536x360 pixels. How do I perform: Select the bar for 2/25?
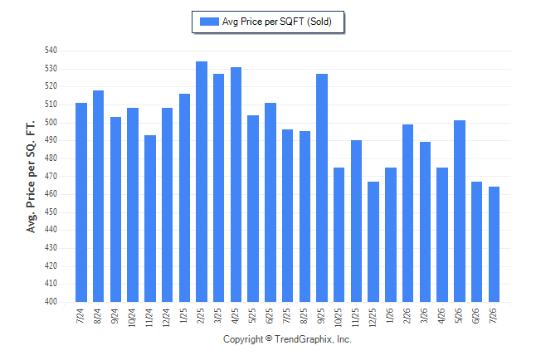(202, 182)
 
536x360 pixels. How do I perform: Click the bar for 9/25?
(322, 187)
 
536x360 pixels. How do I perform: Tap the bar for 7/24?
(81, 202)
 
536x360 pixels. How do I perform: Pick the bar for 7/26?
(494, 244)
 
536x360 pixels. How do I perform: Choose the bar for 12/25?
(373, 241)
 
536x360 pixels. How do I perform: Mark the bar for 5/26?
(460, 211)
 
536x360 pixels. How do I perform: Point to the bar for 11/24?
(150, 218)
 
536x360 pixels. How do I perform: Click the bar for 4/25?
(236, 185)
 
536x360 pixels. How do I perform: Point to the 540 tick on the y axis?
(51, 51)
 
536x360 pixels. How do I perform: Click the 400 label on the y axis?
(51, 302)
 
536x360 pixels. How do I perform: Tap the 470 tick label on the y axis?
(51, 176)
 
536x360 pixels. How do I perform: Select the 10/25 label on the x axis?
(338, 317)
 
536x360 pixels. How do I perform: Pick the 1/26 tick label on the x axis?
(390, 315)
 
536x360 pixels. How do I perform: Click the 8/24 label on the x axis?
(97, 316)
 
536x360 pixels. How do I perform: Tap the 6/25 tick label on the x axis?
(270, 316)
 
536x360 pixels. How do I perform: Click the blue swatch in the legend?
(209, 22)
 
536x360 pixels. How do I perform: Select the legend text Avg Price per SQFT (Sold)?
(277, 22)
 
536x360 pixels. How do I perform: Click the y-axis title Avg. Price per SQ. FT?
(31, 177)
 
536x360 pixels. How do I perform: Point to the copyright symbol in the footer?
(269, 338)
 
